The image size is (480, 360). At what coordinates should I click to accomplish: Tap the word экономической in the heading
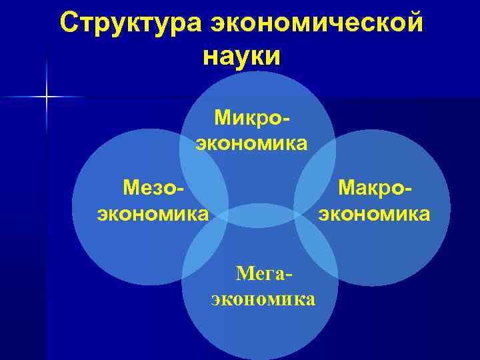point(317,23)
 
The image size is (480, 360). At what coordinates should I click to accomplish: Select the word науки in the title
point(243,55)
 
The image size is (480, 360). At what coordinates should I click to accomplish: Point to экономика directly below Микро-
point(251,143)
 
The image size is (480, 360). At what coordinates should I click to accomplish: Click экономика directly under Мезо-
point(153,214)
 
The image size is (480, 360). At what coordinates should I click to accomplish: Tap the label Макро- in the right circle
point(375,188)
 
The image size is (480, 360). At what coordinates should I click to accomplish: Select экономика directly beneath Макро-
point(375,214)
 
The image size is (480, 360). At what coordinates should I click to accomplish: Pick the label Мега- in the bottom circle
point(264,273)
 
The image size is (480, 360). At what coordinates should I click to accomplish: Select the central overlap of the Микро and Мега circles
point(260,215)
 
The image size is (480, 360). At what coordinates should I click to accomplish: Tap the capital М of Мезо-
point(131,188)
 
